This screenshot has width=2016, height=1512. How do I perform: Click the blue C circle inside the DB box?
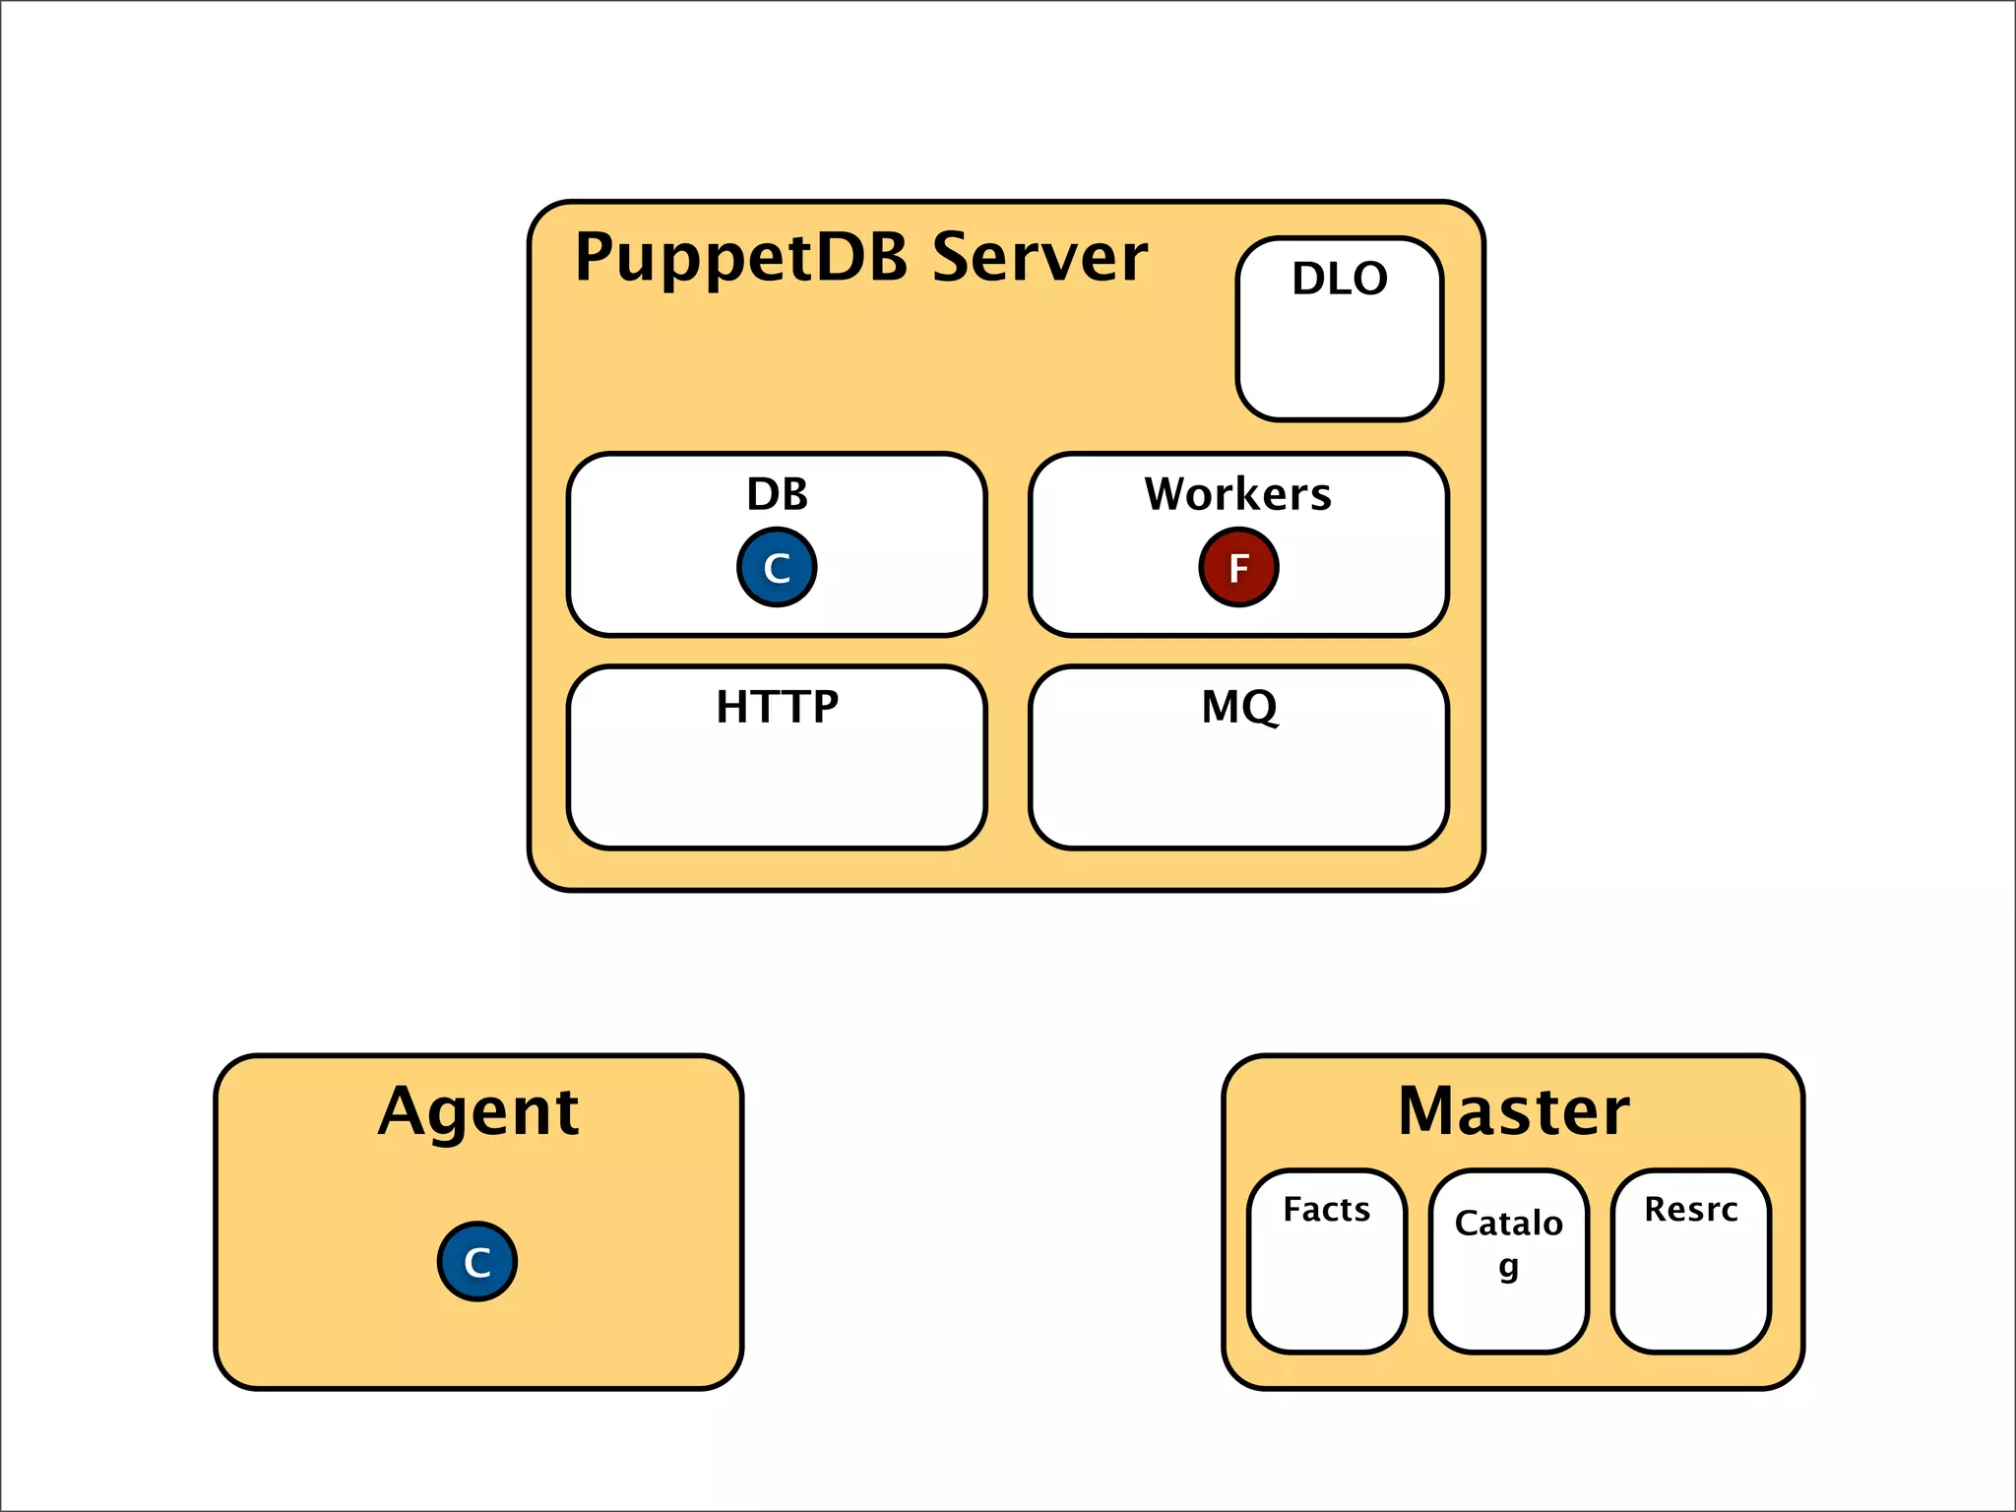pyautogui.click(x=777, y=567)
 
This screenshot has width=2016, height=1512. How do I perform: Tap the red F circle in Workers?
pyautogui.click(x=1238, y=567)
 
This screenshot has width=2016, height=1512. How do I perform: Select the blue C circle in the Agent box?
pyautogui.click(x=477, y=1261)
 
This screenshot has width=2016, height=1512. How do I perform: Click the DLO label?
pyautogui.click(x=1340, y=279)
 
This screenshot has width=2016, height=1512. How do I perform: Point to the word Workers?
pyautogui.click(x=1237, y=494)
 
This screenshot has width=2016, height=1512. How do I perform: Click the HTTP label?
pyautogui.click(x=777, y=707)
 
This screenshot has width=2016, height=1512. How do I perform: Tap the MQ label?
pyautogui.click(x=1239, y=707)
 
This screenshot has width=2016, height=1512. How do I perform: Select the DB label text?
pyautogui.click(x=777, y=494)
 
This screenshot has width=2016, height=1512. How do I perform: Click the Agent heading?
pyautogui.click(x=478, y=1112)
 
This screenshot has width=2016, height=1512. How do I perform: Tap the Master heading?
pyautogui.click(x=1513, y=1112)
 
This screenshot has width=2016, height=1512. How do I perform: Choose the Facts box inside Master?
pyautogui.click(x=1326, y=1280)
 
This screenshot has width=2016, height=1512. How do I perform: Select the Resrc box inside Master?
pyautogui.click(x=1690, y=1280)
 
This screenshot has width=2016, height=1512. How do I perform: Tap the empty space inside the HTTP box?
pyautogui.click(x=777, y=787)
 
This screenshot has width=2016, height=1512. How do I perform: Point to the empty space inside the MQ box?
pyautogui.click(x=1238, y=787)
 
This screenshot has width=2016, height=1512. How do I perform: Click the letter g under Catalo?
pyautogui.click(x=1508, y=1266)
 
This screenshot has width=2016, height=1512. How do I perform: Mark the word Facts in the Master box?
pyautogui.click(x=1326, y=1209)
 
